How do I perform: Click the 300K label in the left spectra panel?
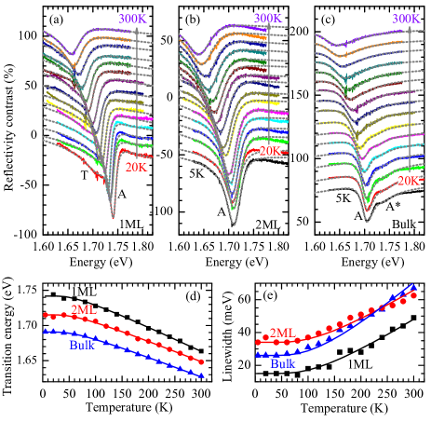131,19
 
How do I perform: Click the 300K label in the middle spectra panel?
267,18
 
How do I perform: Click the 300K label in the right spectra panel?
405,19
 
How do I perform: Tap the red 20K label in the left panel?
136,168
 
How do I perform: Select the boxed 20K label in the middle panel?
270,150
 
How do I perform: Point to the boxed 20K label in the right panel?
408,180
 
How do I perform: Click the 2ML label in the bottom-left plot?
84,310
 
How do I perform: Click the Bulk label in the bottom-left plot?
82,346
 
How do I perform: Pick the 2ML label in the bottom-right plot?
282,333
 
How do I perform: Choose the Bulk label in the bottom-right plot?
283,364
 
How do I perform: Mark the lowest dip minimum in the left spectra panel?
113,218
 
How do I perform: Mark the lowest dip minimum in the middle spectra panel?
233,224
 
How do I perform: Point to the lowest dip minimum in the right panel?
366,221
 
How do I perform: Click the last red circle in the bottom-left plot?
201,362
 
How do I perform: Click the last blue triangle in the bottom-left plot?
201,374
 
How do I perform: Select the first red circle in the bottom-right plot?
258,343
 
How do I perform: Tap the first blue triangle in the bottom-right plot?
258,354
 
